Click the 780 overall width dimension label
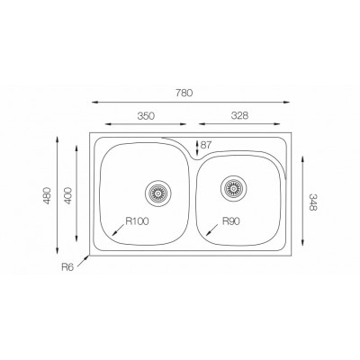pos(184,93)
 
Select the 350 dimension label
pos(146,116)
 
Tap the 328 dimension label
pos(239,115)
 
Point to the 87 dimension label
pos(206,145)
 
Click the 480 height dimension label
pos(48,195)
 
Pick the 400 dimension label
pos(68,195)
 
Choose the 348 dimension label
pos(312,202)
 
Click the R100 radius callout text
pos(137,221)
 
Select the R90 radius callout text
pos(231,221)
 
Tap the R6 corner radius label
pos(67,267)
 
